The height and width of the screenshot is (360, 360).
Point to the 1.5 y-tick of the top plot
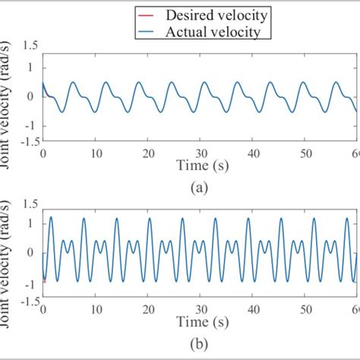30,45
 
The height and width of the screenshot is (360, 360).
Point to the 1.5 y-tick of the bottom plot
30,204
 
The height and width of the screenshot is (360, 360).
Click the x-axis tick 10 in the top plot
95,153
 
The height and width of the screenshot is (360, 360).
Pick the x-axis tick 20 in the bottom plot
147,310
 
